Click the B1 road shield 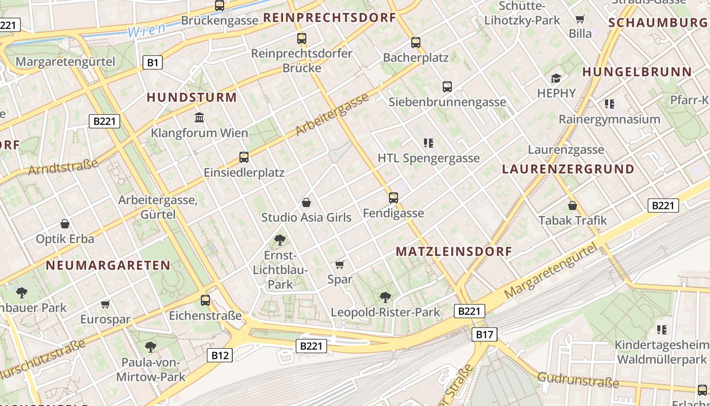click(153, 62)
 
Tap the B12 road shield click(220, 355)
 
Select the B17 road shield click(484, 334)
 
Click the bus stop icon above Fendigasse click(394, 198)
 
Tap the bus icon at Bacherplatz click(416, 43)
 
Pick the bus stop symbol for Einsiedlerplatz click(244, 157)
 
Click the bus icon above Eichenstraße click(205, 300)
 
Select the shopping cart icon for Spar click(340, 264)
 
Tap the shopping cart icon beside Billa click(580, 19)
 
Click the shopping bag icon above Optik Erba click(65, 224)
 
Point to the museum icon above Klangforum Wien click(199, 118)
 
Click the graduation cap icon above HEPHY click(556, 78)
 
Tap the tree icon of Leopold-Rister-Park click(385, 297)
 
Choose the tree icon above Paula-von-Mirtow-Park click(150, 347)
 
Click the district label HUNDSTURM click(192, 97)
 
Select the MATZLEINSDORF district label click(454, 251)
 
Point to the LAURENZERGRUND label click(568, 169)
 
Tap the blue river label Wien click(146, 30)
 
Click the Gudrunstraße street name click(578, 379)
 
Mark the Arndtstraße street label click(63, 167)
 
